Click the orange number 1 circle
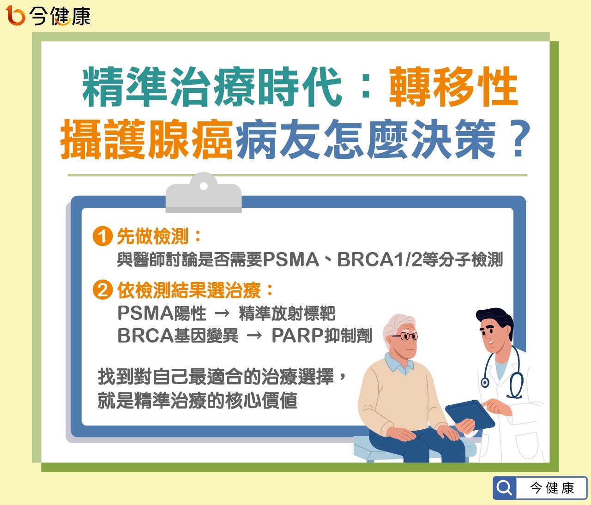[x=103, y=236]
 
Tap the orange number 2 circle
[x=103, y=290]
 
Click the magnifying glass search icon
[x=504, y=488]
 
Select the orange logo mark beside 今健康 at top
[x=16, y=15]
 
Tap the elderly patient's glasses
[x=406, y=337]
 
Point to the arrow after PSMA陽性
[x=222, y=313]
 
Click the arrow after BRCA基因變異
[x=254, y=336]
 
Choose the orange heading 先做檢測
[x=153, y=236]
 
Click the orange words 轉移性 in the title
[x=453, y=87]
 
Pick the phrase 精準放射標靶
[x=287, y=313]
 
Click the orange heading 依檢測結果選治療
[x=189, y=290]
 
